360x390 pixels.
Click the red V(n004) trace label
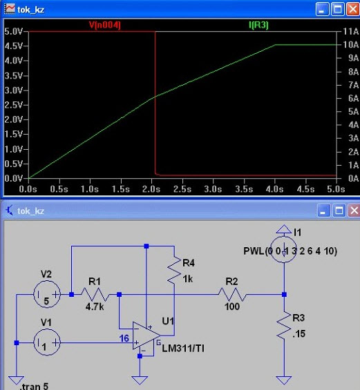tap(105, 25)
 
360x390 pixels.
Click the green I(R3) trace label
tap(258, 25)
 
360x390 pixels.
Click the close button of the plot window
tap(353, 10)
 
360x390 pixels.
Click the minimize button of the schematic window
tap(323, 211)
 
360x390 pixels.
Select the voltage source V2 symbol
tap(47, 294)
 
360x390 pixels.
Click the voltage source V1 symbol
tap(47, 342)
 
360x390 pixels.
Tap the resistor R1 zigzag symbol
tap(95, 295)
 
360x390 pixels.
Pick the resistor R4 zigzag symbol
tap(174, 269)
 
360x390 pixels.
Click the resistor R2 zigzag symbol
tap(232, 295)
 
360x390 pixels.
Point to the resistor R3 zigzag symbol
tap(284, 325)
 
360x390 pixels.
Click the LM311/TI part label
tap(183, 349)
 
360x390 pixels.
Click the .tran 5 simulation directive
tap(35, 387)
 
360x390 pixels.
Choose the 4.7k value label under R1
tap(95, 307)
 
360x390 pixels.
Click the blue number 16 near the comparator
tap(124, 338)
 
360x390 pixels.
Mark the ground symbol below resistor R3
tap(284, 380)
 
